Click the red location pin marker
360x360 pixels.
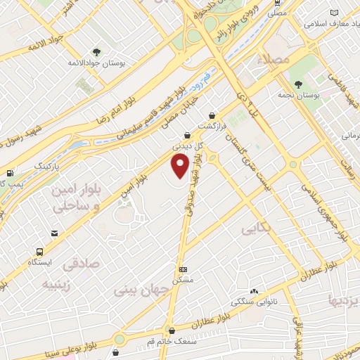[x=181, y=167]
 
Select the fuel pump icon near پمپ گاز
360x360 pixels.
[x=9, y=173]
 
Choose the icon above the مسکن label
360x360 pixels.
[x=184, y=269]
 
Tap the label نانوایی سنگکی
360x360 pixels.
[x=252, y=302]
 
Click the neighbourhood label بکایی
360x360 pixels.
[x=255, y=229]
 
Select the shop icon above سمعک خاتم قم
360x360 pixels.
[x=171, y=329]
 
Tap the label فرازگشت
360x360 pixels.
[x=213, y=126]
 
